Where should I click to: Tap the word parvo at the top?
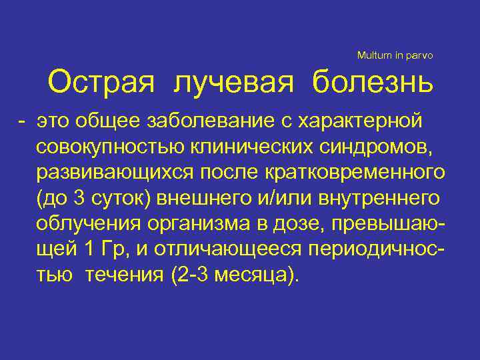point(420,55)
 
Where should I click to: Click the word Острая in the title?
point(101,83)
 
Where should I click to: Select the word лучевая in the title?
point(234,83)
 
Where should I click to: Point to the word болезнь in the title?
point(372,83)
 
